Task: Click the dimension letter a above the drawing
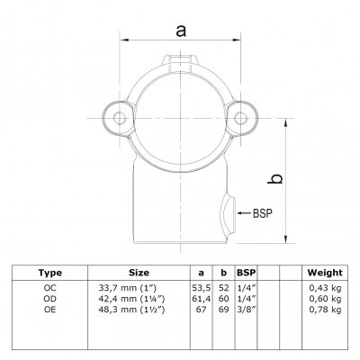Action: click(x=181, y=31)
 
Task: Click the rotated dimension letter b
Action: click(x=274, y=178)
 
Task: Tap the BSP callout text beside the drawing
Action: click(x=263, y=213)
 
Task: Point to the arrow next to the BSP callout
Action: click(x=245, y=213)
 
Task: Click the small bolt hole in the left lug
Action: click(x=120, y=118)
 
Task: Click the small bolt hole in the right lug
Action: click(x=240, y=118)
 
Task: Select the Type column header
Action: click(x=49, y=273)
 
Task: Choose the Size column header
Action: click(x=139, y=273)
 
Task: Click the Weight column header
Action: click(x=325, y=273)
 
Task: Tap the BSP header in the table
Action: click(x=247, y=273)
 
